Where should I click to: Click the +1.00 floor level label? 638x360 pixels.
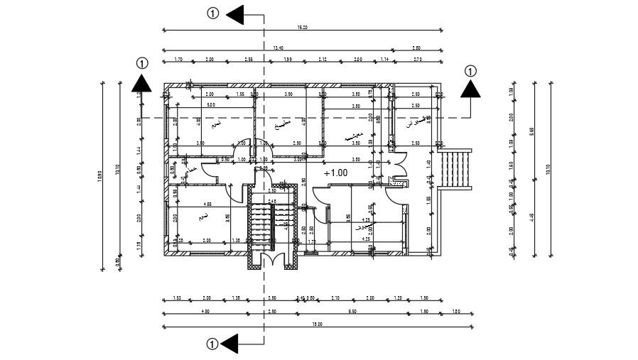pyautogui.click(x=335, y=173)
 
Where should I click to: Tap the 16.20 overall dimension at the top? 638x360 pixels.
pyautogui.click(x=303, y=28)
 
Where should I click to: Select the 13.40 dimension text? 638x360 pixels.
pyautogui.click(x=277, y=48)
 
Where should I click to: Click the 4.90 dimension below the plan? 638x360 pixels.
pyautogui.click(x=205, y=311)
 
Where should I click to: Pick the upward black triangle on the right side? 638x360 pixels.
pyautogui.click(x=470, y=88)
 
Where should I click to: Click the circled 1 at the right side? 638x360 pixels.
pyautogui.click(x=470, y=70)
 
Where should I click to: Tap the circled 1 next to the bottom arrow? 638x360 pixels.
pyautogui.click(x=212, y=344)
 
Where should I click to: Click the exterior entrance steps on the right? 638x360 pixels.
pyautogui.click(x=455, y=168)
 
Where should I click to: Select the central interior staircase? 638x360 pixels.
pyautogui.click(x=264, y=223)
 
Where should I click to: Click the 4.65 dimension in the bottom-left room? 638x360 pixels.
pyautogui.click(x=207, y=203)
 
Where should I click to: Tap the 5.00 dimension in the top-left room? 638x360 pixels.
pyautogui.click(x=211, y=106)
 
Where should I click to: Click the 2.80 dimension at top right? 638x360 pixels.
pyautogui.click(x=417, y=48)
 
